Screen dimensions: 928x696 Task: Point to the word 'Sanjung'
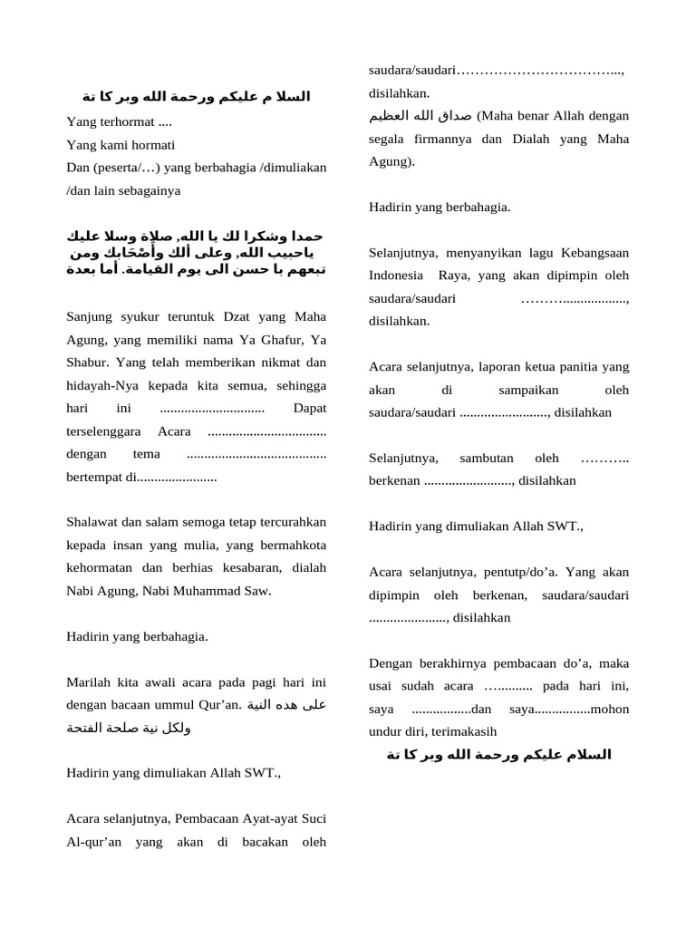89,316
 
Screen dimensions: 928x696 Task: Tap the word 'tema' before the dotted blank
146,453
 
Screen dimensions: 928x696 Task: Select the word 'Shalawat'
92,522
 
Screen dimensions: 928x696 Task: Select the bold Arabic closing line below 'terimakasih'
499,755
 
